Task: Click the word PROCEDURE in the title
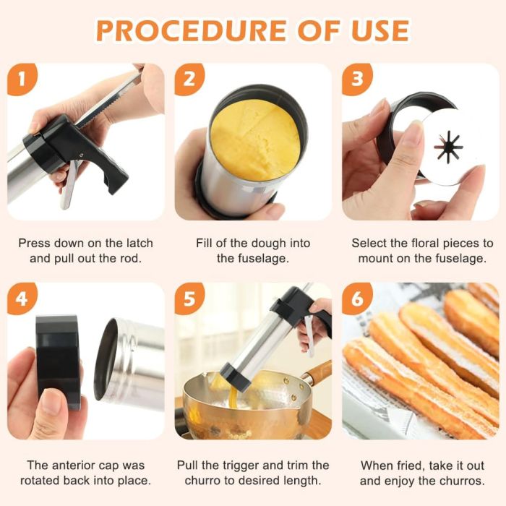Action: (191, 30)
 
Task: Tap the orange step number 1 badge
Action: (22, 80)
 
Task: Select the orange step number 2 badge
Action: (189, 80)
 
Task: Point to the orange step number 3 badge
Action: (357, 80)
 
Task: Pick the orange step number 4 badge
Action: (22, 299)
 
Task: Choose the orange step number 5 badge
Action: (189, 299)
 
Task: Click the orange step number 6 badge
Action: (357, 299)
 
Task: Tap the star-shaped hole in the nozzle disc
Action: (449, 147)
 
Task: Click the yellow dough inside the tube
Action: (256, 140)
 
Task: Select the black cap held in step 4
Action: (57, 361)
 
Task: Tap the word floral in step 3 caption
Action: (425, 243)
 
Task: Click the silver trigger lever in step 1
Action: (69, 182)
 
